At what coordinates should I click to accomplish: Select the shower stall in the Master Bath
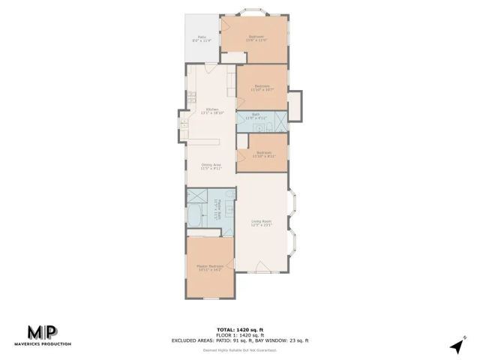point(198,196)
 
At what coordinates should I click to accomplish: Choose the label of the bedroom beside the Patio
point(256,37)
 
